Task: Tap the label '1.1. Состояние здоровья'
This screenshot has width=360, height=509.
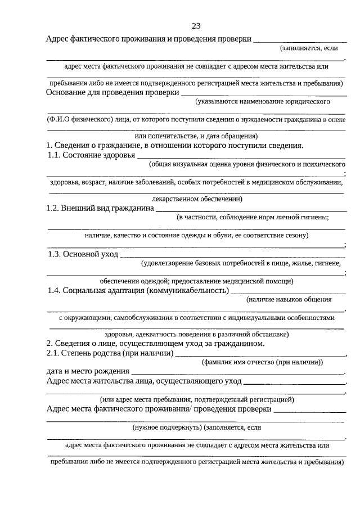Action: (x=92, y=155)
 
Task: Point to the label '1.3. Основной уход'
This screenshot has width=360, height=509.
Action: (x=83, y=254)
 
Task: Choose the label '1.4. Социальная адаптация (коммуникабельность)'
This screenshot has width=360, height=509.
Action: (x=138, y=291)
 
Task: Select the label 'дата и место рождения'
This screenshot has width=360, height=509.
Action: (x=88, y=371)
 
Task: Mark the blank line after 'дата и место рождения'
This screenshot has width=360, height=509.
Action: (x=236, y=373)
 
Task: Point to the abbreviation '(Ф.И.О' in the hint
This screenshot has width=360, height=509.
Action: (x=60, y=119)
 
